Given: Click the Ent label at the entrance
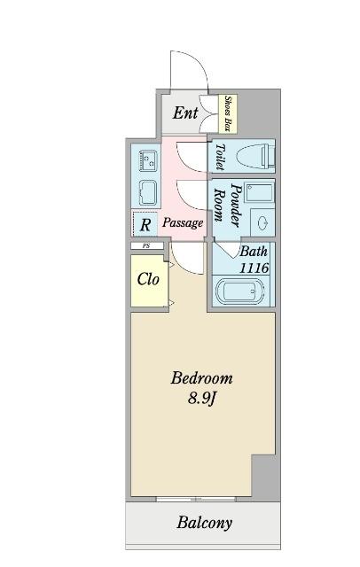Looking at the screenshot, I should pyautogui.click(x=184, y=113).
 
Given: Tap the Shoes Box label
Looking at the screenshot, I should pyautogui.click(x=228, y=113).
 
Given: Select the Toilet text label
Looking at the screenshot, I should pyautogui.click(x=219, y=157).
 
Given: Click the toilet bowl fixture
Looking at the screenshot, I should pyautogui.click(x=257, y=157).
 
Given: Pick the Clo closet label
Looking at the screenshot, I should pyautogui.click(x=148, y=279).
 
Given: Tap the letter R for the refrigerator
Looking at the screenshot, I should pyautogui.click(x=145, y=223).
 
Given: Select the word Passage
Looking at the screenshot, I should pyautogui.click(x=183, y=222).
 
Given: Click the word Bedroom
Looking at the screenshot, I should pyautogui.click(x=202, y=379).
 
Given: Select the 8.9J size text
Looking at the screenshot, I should pyautogui.click(x=203, y=399).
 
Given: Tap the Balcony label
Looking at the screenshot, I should pyautogui.click(x=205, y=522).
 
